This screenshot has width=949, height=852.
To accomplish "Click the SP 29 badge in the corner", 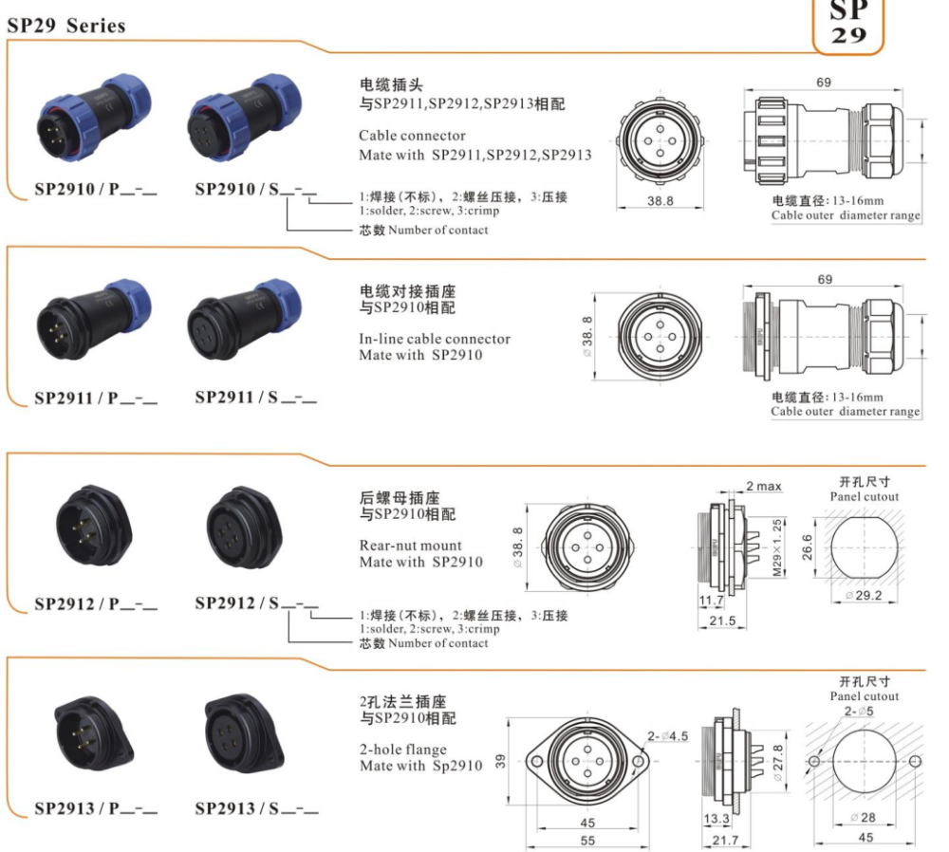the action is point(847,26).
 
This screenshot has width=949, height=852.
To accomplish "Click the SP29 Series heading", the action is point(66,26).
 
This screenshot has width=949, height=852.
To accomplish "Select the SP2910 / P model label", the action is point(96,190).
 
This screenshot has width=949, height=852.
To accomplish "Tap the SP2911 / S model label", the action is point(255,398).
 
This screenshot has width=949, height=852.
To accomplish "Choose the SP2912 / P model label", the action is point(96,604).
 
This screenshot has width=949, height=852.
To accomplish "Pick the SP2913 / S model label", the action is point(256,808).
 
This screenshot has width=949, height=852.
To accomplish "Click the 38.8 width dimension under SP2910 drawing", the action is point(660,201).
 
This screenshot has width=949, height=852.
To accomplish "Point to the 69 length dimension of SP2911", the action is point(825,279).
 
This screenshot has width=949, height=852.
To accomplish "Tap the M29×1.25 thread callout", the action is point(777,547).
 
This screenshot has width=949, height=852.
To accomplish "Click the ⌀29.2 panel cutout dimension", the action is point(864,596).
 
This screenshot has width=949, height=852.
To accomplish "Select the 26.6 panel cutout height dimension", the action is point(807,547).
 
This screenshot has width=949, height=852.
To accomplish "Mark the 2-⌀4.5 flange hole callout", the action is point(667,736).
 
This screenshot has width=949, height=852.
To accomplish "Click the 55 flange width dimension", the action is point(587,841).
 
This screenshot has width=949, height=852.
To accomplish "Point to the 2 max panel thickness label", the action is point(763,486).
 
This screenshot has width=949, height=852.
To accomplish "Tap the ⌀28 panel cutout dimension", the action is point(863,818).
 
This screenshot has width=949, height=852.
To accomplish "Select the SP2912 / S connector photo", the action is point(244,528).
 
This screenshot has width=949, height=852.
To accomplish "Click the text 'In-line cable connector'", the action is point(435,339).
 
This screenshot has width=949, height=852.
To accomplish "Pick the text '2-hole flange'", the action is point(403,750).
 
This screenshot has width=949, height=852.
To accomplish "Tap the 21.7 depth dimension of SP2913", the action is point(725,840).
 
